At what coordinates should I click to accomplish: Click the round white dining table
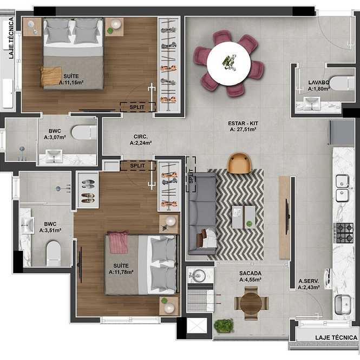pos(228,63)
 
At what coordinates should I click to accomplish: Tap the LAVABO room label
pos(319,82)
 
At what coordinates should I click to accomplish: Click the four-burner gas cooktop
pos(343,233)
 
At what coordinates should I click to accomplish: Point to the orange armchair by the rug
pos(239,163)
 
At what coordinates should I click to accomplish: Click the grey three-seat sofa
pos(202,213)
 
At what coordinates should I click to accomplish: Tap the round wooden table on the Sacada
pos(251,303)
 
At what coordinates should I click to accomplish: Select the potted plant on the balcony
pos(224,325)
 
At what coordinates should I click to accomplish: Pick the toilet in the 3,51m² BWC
pos(54,253)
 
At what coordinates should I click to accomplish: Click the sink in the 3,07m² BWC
pos(54,156)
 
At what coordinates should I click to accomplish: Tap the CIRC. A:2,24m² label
pos(141,140)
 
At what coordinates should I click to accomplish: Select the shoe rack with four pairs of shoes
pos(88,191)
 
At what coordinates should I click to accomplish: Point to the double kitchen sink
pos(342,188)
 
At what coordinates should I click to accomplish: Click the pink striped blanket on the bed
pos(118,242)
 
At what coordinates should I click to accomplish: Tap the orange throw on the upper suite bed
pos(51,76)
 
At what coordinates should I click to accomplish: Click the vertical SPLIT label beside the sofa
pos(191,176)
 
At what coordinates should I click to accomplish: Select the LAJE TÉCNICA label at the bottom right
pos(336,337)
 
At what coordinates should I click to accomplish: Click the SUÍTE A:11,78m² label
pos(121,269)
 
